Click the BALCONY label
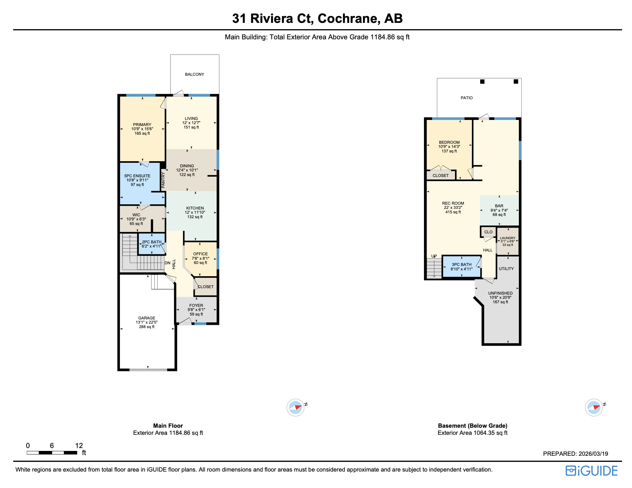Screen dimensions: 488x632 [x=194, y=74]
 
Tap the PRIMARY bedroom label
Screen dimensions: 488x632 [x=142, y=125]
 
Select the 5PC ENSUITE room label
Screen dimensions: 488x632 [x=137, y=176]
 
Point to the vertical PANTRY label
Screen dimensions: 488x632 [x=163, y=180]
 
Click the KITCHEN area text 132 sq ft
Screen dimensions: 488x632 [x=195, y=217]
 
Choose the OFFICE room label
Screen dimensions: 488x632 [x=200, y=254]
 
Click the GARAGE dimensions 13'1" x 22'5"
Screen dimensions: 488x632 [x=146, y=322]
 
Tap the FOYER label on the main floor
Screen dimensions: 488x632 [x=196, y=306]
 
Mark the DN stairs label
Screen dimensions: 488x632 [x=167, y=263]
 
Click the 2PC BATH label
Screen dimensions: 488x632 [x=152, y=242]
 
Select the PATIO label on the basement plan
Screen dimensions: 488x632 [x=466, y=98]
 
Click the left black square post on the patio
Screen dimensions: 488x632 [x=482, y=82]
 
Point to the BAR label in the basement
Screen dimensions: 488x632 [x=499, y=206]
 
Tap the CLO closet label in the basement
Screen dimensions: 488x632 [x=488, y=232]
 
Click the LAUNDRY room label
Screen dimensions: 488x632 [x=508, y=238]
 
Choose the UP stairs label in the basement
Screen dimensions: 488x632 [x=434, y=256]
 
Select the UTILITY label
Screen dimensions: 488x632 [x=506, y=269]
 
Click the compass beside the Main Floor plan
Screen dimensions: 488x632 [x=295, y=408]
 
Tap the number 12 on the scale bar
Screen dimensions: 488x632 [x=79, y=446]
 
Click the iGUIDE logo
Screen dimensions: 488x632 [x=591, y=471]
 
